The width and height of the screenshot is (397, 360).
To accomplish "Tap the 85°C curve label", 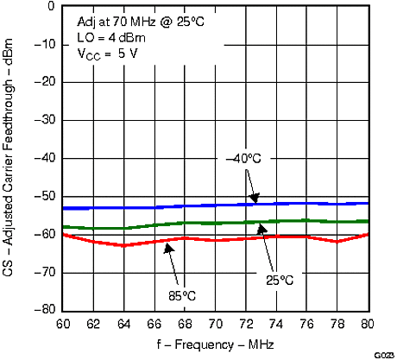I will coord(181,295).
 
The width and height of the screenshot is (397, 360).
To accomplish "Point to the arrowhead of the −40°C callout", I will coord(255,201).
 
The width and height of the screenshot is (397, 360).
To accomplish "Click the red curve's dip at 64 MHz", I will coord(125,246).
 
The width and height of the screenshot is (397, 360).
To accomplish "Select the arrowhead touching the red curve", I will coord(170,244).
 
